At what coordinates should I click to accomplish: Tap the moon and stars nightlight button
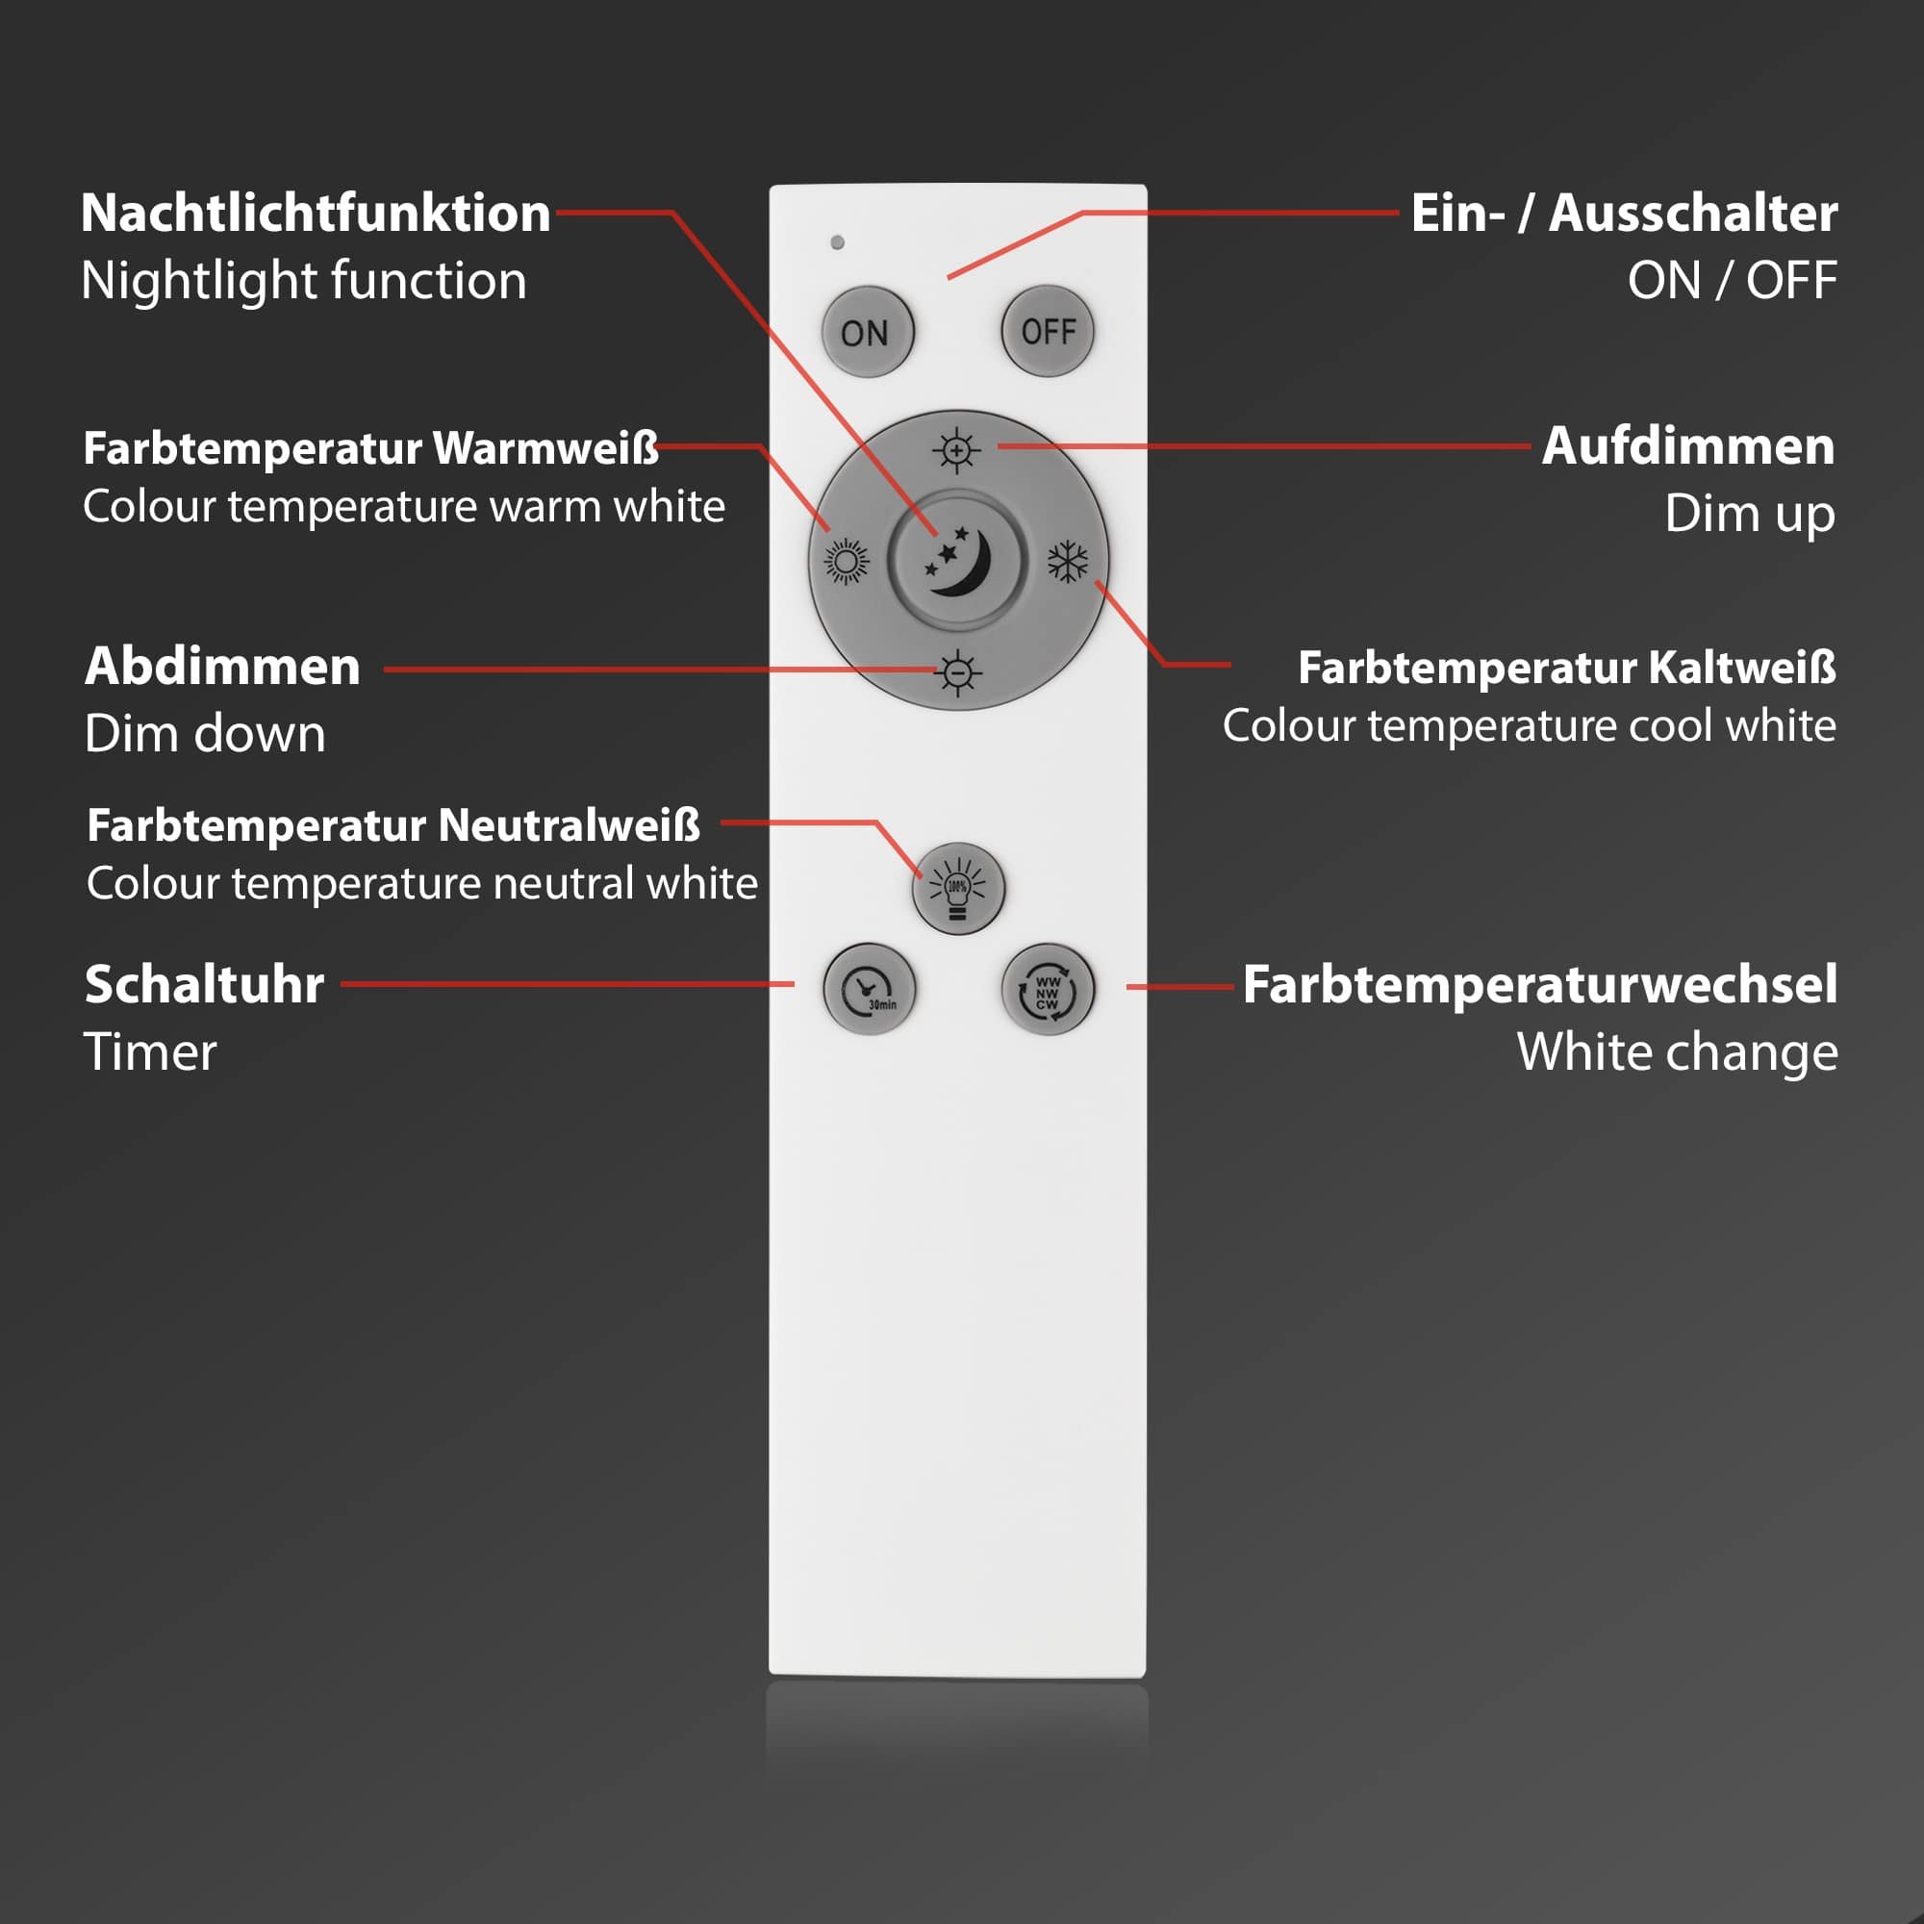[957, 561]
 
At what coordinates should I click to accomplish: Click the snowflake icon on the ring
[1068, 562]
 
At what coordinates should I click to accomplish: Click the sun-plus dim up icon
[957, 451]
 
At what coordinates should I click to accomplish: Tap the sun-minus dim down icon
[958, 673]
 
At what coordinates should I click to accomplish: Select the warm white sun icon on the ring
[847, 562]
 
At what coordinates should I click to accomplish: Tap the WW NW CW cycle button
[1048, 989]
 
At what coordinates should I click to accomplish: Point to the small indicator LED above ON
[838, 242]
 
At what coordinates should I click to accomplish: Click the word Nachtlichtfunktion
[316, 214]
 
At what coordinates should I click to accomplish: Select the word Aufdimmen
[1688, 446]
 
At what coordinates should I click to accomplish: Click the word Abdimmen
[223, 667]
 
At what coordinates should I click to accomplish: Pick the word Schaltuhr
[204, 985]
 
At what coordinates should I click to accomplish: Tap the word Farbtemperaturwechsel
[1539, 985]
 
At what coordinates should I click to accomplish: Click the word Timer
[150, 1052]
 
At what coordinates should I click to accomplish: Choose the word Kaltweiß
[1742, 668]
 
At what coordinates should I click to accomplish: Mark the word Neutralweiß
[569, 825]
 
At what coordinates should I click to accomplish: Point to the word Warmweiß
[545, 448]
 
